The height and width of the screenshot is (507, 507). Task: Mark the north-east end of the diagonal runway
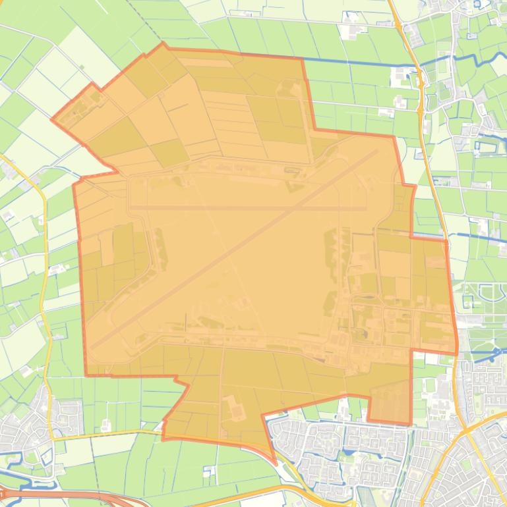[376, 151]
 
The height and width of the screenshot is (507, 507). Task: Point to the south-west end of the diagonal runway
[92, 346]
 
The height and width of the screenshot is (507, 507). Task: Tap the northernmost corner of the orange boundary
[163, 44]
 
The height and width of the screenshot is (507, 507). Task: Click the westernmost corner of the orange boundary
[52, 120]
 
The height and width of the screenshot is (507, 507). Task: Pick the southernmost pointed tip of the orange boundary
[274, 459]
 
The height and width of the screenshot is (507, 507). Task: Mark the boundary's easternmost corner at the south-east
[456, 352]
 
